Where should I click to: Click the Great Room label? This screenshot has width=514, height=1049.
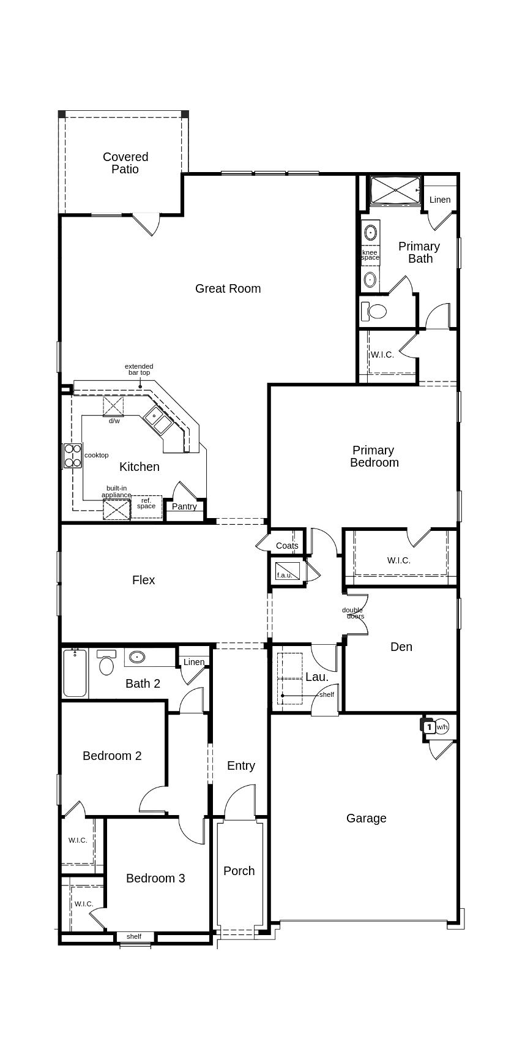tap(228, 288)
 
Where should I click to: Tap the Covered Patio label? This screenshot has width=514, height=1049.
tap(125, 163)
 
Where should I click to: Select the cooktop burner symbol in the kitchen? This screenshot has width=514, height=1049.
tap(73, 456)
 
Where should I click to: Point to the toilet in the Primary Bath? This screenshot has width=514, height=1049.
tap(374, 310)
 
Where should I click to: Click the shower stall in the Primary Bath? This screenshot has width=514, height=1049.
tap(395, 190)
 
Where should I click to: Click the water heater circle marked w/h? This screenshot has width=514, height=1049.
tap(442, 727)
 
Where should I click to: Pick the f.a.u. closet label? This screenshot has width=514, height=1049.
tap(284, 575)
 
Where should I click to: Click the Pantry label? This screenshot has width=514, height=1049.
tap(184, 506)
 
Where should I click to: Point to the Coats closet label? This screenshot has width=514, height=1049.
tap(287, 546)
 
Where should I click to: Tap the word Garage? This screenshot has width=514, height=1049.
tap(367, 818)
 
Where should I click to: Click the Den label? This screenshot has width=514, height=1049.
tap(401, 646)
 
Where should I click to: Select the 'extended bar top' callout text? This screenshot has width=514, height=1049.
tap(139, 369)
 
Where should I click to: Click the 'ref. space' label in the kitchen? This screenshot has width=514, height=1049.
tap(146, 503)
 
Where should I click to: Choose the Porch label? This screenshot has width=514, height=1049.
tap(239, 871)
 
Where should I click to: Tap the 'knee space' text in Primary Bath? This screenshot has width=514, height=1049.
tap(370, 255)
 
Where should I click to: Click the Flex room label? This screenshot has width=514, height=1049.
tap(143, 580)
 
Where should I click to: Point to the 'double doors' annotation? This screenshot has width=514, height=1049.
tap(353, 613)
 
